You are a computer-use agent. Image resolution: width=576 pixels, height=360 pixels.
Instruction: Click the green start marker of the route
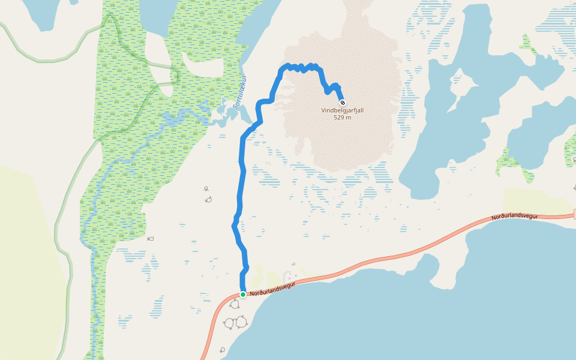pos(243,295)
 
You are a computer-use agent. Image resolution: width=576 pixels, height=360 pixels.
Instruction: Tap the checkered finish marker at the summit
pos(343,102)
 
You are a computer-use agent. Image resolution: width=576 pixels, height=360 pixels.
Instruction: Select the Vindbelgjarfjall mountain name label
pos(343,110)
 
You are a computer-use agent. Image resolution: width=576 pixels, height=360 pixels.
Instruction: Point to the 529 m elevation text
pos(343,118)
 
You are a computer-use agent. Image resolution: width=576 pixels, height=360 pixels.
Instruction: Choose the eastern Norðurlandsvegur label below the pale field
pos(514,217)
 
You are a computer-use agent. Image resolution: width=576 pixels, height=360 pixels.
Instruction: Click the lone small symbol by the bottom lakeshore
pos(222,349)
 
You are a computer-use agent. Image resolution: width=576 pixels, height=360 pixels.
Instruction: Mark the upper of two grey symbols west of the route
pos(206,189)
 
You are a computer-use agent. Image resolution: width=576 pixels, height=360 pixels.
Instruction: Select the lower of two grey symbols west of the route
pos(208,199)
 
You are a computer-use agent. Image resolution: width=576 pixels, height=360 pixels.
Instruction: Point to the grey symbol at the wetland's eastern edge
pos(151,238)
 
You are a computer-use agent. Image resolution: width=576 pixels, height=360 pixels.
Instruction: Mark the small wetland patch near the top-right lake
pos(528,44)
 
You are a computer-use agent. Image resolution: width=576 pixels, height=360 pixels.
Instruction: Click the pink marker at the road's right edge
pos(574,214)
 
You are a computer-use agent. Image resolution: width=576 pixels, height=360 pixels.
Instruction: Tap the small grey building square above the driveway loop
pos(293,264)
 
